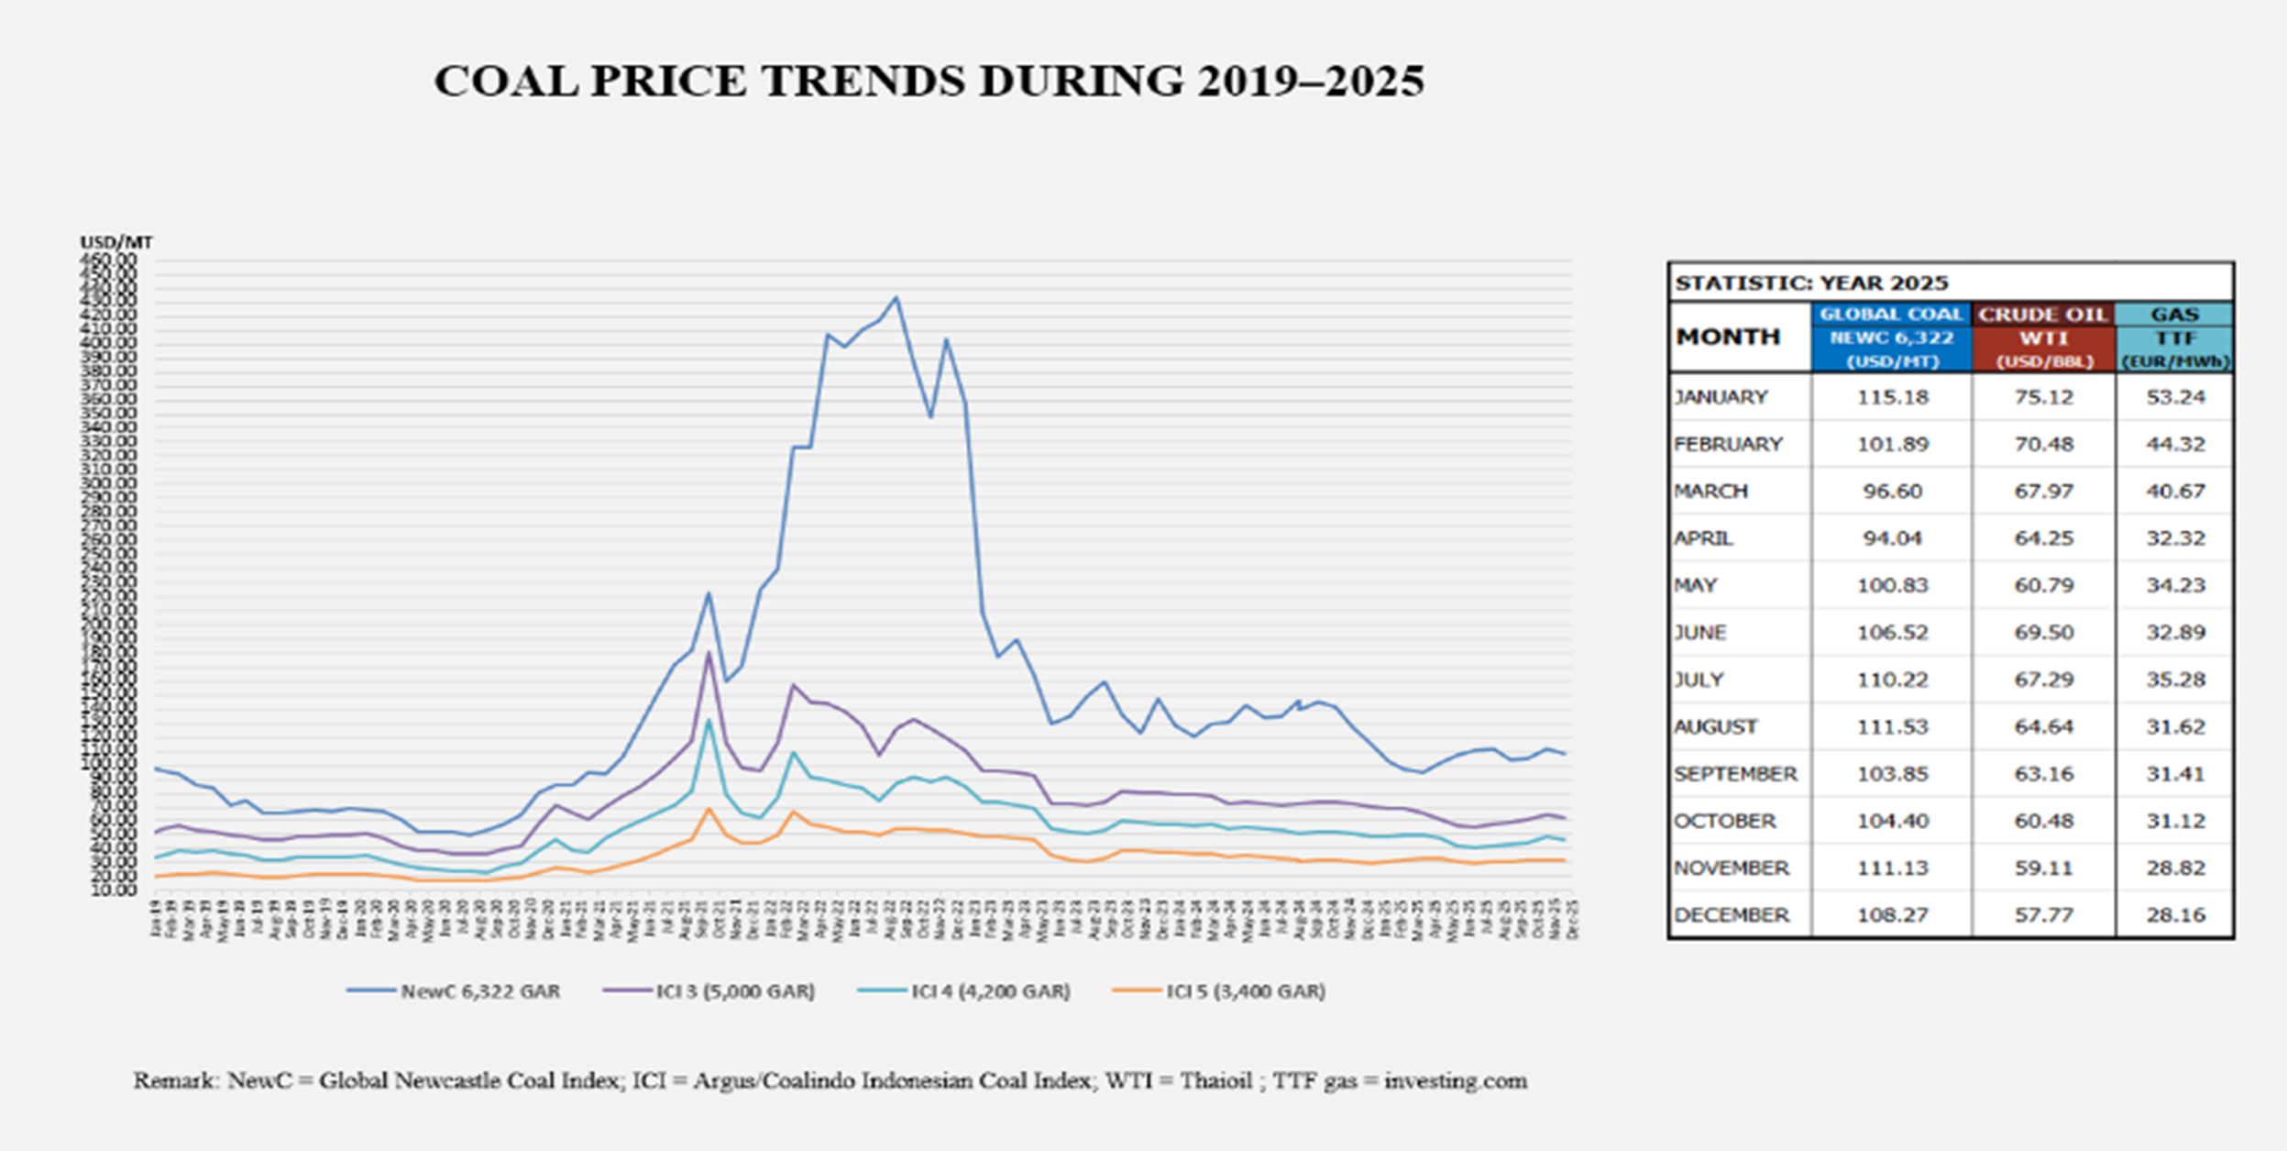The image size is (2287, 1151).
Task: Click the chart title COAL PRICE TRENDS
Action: (x=929, y=81)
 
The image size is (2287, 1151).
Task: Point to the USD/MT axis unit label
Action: (x=116, y=243)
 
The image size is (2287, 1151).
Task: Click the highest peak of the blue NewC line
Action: (x=896, y=297)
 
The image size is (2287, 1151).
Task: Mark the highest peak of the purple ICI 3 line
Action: (x=709, y=653)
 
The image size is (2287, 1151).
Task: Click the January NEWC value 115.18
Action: (x=1893, y=397)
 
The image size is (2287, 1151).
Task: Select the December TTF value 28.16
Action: (x=2175, y=915)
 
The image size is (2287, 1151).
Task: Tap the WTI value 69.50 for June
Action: (x=2043, y=633)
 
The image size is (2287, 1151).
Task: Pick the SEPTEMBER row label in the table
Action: (x=1735, y=774)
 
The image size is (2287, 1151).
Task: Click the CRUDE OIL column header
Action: (x=2043, y=315)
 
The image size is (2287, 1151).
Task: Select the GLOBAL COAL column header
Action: (x=1892, y=315)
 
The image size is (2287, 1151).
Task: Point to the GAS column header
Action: (x=2175, y=315)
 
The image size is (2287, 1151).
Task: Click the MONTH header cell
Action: (x=1729, y=338)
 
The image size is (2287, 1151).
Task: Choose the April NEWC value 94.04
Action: (x=1892, y=538)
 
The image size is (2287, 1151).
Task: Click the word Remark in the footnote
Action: (x=175, y=1080)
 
